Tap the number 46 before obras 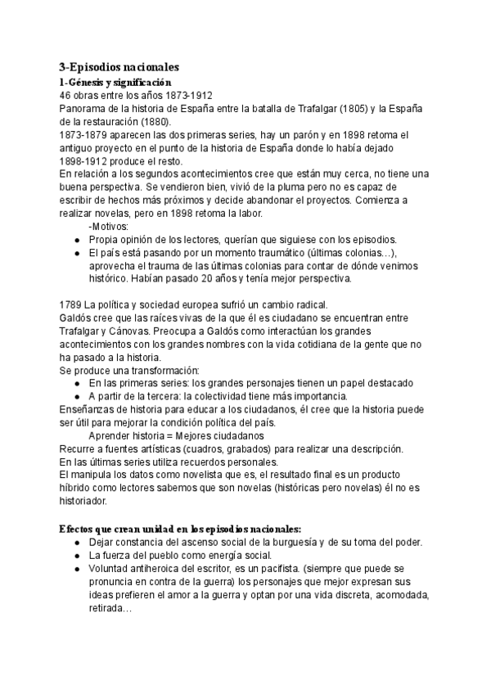point(66,95)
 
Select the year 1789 point(73,304)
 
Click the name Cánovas point(140,331)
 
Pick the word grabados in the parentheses point(225,448)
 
